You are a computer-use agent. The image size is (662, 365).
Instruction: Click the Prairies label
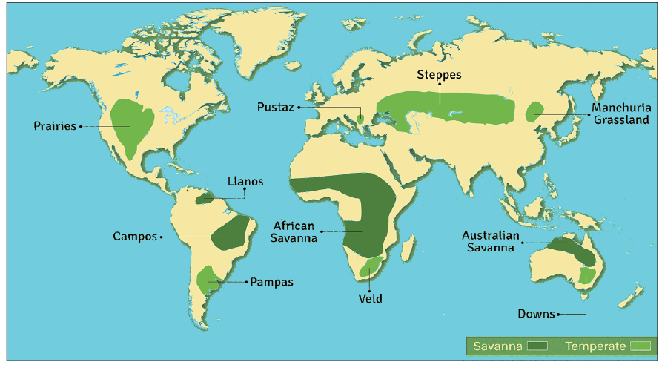pyautogui.click(x=55, y=126)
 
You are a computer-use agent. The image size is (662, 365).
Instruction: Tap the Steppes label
pyautogui.click(x=439, y=75)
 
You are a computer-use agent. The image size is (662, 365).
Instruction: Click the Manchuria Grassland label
pyautogui.click(x=620, y=114)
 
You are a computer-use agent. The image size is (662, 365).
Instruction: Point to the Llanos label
pyautogui.click(x=245, y=182)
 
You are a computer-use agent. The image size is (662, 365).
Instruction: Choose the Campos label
pyautogui.click(x=135, y=237)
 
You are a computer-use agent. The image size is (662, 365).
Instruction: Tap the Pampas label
pyautogui.click(x=271, y=282)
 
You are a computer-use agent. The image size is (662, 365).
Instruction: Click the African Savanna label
pyautogui.click(x=294, y=231)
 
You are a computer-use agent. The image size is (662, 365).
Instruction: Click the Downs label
pyautogui.click(x=536, y=314)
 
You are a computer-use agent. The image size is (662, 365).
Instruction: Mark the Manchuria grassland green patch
pyautogui.click(x=534, y=113)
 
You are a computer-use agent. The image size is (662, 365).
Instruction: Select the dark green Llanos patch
pyautogui.click(x=205, y=199)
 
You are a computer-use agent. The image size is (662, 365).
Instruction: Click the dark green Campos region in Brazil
pyautogui.click(x=231, y=233)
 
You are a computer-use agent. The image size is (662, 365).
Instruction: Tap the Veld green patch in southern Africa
pyautogui.click(x=369, y=266)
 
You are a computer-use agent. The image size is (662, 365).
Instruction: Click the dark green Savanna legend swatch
pyautogui.click(x=538, y=346)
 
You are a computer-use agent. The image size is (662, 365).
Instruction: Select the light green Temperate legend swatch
pyautogui.click(x=639, y=346)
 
